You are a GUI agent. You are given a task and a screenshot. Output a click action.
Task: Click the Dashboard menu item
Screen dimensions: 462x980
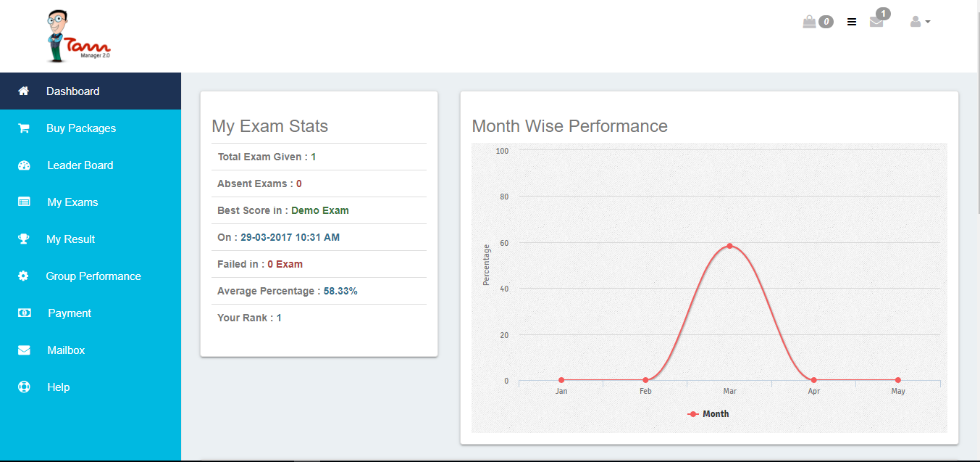[x=72, y=91]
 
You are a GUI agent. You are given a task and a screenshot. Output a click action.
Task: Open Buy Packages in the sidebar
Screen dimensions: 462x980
[x=80, y=128]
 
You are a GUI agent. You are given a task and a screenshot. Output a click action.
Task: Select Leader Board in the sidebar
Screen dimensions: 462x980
[x=80, y=165]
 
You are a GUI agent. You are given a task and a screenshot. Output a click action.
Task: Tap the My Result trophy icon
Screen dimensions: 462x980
[x=24, y=239]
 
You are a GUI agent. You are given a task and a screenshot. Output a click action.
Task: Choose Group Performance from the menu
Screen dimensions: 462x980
[x=93, y=276]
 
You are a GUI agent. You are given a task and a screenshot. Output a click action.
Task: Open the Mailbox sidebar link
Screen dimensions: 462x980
[x=65, y=350]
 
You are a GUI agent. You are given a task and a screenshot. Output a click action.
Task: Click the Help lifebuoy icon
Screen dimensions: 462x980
[x=24, y=387]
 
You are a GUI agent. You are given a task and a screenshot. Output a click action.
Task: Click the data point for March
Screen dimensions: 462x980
[x=729, y=246]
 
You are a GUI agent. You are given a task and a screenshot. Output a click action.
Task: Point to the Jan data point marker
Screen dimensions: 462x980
[x=561, y=380]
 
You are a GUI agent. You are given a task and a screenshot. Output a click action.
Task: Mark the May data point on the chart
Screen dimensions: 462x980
[x=898, y=380]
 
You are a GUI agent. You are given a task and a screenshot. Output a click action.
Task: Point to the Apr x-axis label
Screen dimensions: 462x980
[x=814, y=392]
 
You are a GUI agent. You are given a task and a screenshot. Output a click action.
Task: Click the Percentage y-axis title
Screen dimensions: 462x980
[x=487, y=265]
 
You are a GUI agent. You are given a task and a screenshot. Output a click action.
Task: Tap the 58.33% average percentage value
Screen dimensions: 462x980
[x=340, y=291]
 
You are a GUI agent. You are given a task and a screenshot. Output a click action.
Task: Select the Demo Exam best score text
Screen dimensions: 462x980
[x=319, y=210]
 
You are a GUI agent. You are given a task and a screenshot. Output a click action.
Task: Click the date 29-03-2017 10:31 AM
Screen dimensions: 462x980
[x=290, y=237]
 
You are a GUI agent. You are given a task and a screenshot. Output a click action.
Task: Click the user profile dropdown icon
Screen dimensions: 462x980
[x=919, y=22]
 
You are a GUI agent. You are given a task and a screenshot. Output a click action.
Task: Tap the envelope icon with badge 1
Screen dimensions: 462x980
[x=876, y=22]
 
